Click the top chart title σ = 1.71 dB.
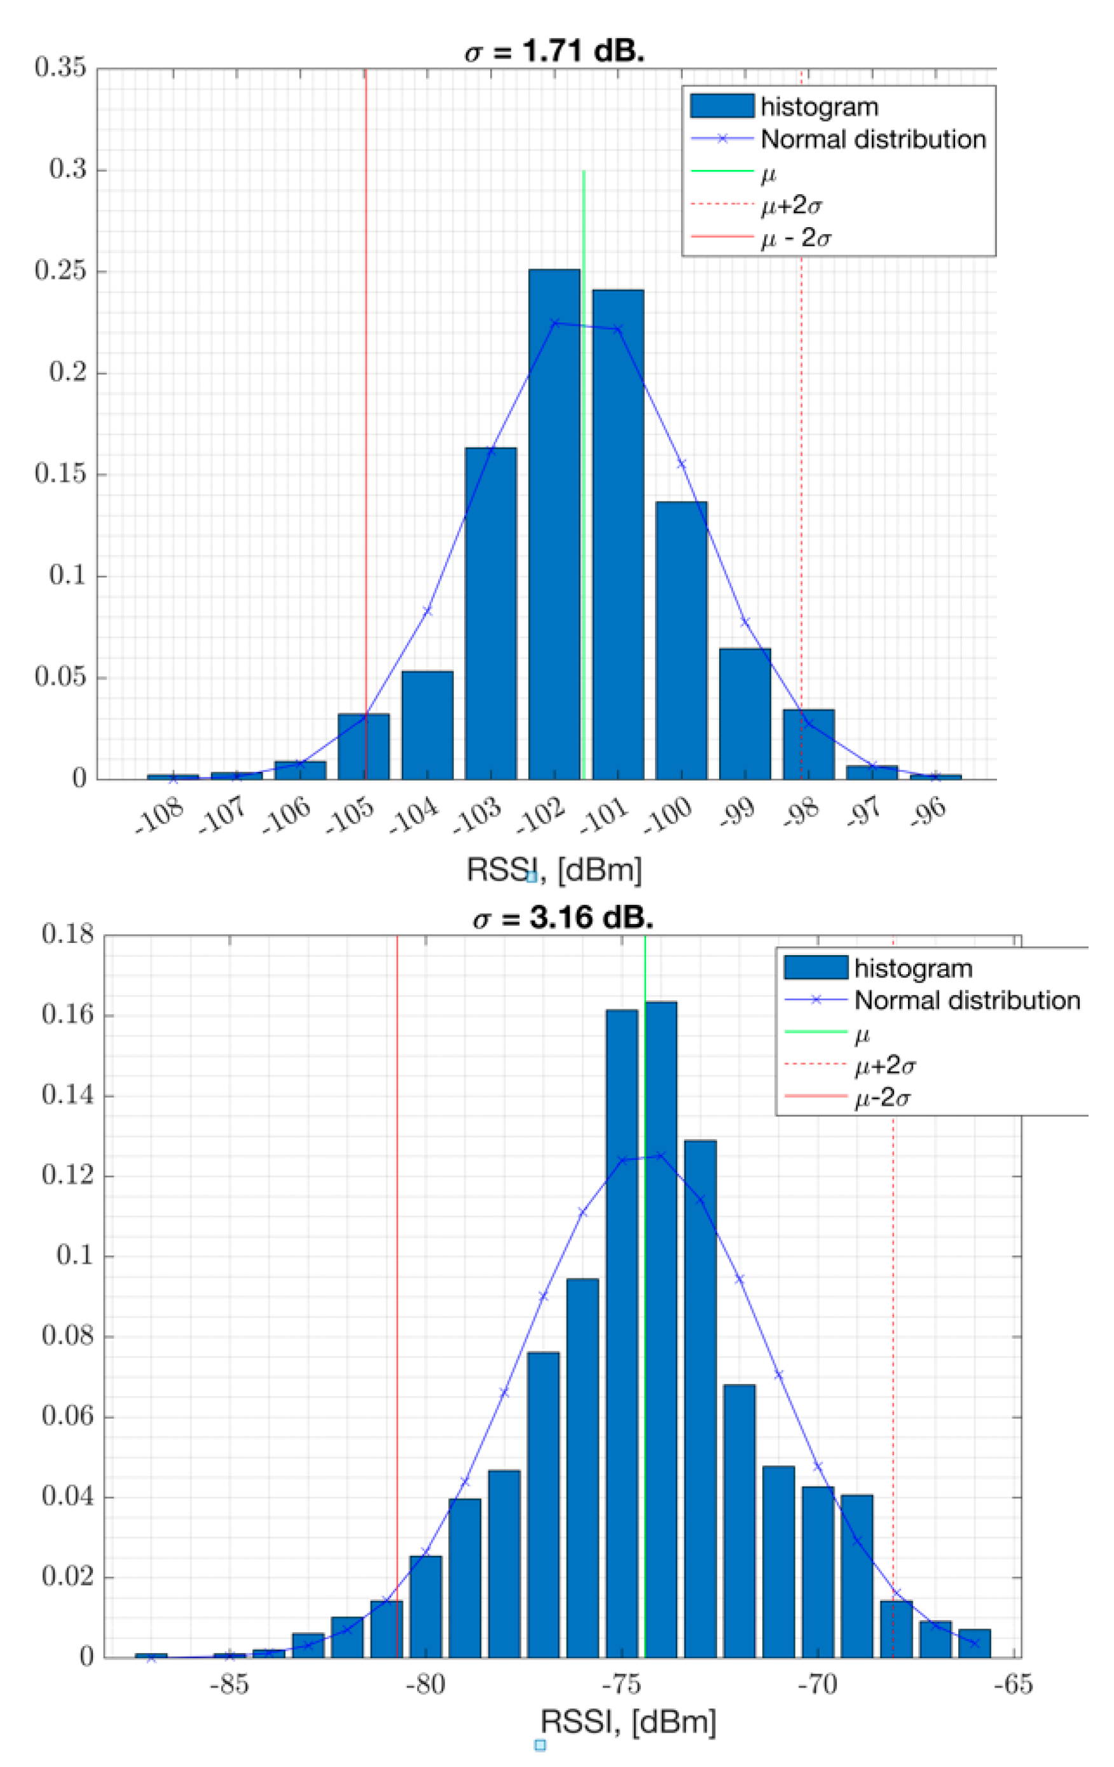[x=554, y=52]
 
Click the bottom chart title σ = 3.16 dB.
[x=563, y=918]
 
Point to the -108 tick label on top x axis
[x=159, y=818]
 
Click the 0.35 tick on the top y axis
[x=60, y=67]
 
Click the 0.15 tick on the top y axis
[x=60, y=474]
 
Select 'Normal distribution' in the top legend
[x=873, y=139]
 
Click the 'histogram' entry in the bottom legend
[x=913, y=968]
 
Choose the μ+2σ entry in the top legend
[x=790, y=206]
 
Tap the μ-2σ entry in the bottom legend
[x=883, y=1098]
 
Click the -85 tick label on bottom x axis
[x=229, y=1684]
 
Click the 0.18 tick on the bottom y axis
[x=67, y=934]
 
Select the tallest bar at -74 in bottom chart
[x=661, y=1328]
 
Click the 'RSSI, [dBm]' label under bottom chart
[x=628, y=1721]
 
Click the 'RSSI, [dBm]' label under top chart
[x=554, y=870]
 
